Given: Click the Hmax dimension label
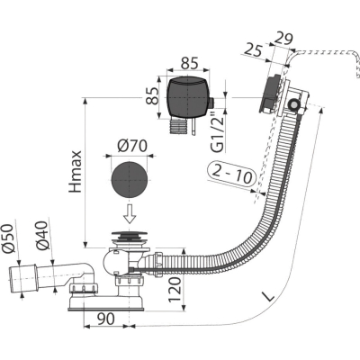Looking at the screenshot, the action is (75, 172).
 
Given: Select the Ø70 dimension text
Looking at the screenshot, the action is (132, 146).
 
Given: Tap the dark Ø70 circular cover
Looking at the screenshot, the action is (130, 180).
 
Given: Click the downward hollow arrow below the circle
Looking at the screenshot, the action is (130, 214).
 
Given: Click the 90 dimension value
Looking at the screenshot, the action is (105, 319).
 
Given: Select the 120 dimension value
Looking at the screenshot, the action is (175, 290).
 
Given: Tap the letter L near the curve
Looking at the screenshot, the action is (269, 296).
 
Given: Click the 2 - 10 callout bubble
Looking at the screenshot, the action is (232, 175).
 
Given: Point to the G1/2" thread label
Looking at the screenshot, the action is (219, 132).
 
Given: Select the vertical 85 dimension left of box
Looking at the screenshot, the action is (152, 95).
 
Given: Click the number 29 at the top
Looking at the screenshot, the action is (283, 39).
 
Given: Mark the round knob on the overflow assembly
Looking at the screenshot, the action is (293, 104).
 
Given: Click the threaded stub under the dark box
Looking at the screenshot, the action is (179, 126).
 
